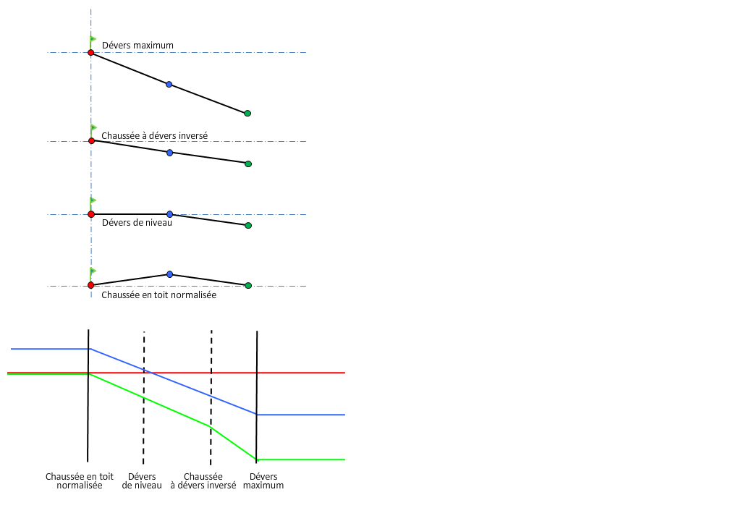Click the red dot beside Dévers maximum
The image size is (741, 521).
click(x=90, y=53)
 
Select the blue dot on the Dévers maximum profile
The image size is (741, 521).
click(x=169, y=85)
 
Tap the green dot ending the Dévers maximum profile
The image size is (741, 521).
click(x=247, y=114)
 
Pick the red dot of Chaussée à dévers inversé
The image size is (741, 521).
click(x=91, y=141)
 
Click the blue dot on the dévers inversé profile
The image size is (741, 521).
click(x=169, y=153)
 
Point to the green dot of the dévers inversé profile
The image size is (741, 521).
click(x=248, y=164)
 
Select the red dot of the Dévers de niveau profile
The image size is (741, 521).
click(x=90, y=214)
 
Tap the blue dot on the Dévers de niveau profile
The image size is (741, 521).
click(x=169, y=214)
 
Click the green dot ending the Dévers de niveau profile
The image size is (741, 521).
click(x=248, y=226)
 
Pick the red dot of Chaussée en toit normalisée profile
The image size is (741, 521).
click(x=90, y=285)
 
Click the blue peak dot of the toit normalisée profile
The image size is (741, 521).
click(x=169, y=274)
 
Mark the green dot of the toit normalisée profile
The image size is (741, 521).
click(x=248, y=285)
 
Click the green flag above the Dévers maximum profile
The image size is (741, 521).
click(x=93, y=39)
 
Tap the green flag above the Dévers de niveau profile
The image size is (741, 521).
click(x=93, y=200)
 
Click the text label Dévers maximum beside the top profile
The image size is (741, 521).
click(x=137, y=46)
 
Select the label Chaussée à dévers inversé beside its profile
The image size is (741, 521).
click(x=155, y=135)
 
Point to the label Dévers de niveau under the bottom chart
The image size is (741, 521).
click(x=142, y=481)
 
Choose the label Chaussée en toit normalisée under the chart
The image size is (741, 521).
click(x=80, y=481)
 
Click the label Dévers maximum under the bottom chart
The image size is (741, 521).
click(x=263, y=481)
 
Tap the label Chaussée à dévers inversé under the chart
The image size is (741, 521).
click(x=203, y=481)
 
